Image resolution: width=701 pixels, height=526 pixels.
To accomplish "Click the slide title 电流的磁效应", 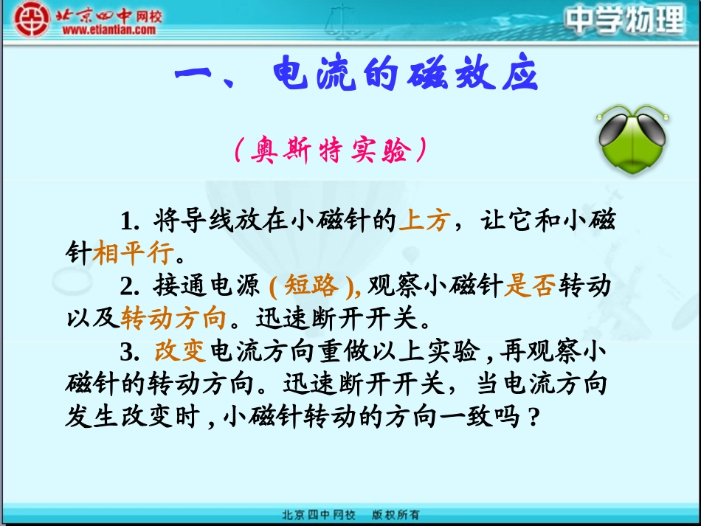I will click(x=405, y=76).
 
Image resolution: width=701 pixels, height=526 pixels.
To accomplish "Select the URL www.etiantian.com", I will click(x=108, y=30).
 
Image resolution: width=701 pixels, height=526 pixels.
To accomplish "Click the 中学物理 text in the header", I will click(x=625, y=20).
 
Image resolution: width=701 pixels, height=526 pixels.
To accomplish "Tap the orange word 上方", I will click(x=423, y=221).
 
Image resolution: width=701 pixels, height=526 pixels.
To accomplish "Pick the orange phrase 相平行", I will click(x=133, y=253).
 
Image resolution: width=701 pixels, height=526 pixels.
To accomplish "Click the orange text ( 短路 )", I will click(x=313, y=286).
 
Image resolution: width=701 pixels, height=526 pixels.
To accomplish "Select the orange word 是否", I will click(x=529, y=286).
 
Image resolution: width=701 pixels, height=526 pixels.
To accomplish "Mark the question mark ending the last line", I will click(x=534, y=417).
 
